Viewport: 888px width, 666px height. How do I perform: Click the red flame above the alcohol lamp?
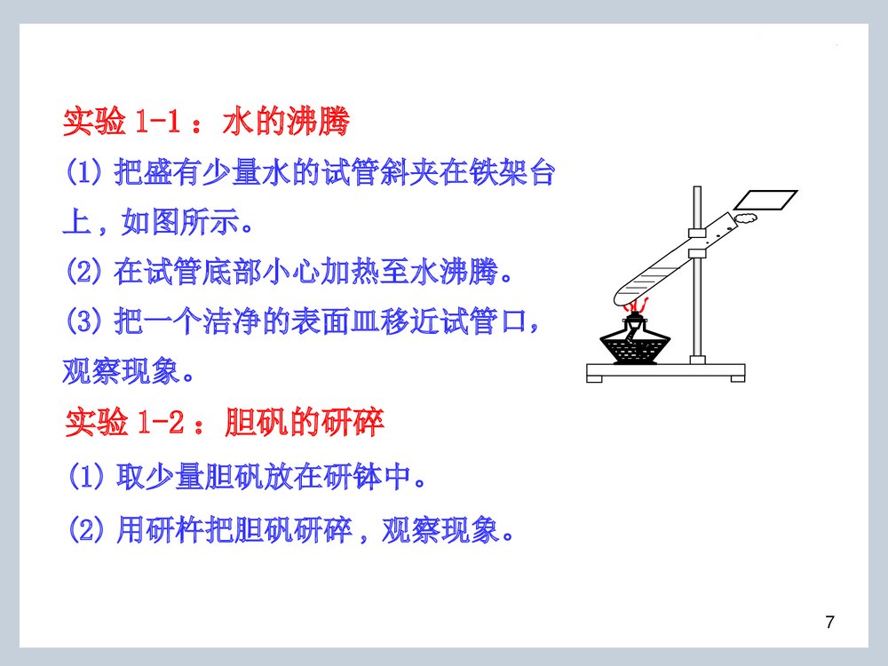(633, 306)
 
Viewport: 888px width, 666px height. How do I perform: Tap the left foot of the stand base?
(594, 378)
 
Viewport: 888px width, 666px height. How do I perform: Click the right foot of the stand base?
(736, 378)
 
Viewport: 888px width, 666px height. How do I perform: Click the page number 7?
(829, 622)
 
